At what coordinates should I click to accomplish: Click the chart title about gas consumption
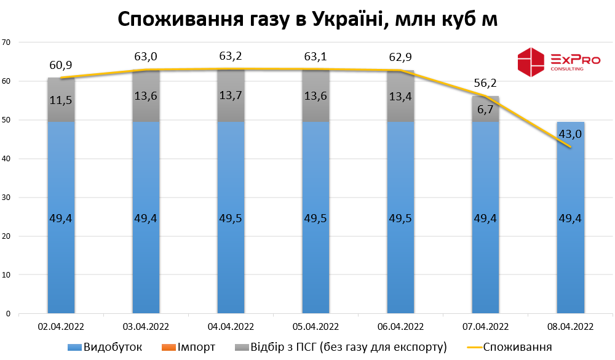(307, 19)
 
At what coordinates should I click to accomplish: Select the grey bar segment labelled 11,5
(61, 100)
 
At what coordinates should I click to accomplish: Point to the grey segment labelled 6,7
(485, 109)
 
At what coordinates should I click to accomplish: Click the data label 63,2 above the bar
(231, 57)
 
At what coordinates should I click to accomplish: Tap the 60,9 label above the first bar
(61, 65)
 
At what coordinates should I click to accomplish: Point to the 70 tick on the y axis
(7, 42)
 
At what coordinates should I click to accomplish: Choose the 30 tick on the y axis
(7, 198)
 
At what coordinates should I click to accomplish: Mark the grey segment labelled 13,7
(231, 95)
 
